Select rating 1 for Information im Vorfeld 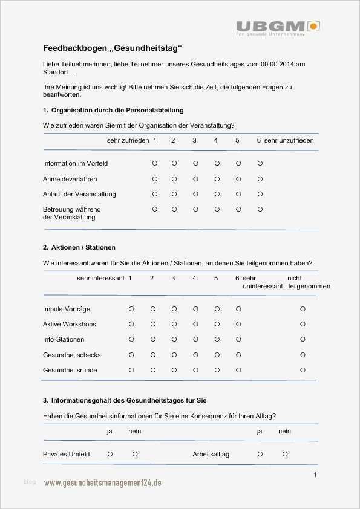point(155,163)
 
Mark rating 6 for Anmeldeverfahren point(260,179)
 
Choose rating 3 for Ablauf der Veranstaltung point(195,194)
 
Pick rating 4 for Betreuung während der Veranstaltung point(217,209)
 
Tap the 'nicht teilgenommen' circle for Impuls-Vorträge point(303,309)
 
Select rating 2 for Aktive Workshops point(152,324)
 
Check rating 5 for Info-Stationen point(217,339)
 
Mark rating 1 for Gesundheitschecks point(131,354)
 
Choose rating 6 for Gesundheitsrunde point(238,369)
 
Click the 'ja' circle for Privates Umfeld point(110,453)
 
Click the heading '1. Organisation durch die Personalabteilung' point(113,111)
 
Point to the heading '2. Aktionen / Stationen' point(79,248)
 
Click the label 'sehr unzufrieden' point(289,140)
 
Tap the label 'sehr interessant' point(100,278)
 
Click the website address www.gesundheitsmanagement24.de point(102,482)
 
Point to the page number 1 point(315,475)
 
